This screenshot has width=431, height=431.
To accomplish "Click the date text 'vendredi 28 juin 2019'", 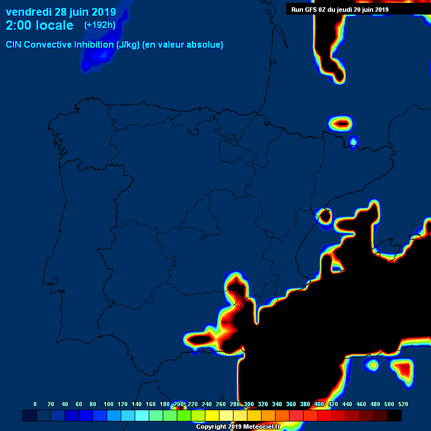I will [x=61, y=12].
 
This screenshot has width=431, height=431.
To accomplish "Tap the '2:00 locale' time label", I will [x=39, y=25].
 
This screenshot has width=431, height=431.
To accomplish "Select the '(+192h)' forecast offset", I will [x=100, y=25].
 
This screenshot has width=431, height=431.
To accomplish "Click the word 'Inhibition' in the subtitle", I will [x=98, y=45].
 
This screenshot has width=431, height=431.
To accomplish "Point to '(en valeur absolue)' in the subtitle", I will [x=183, y=45].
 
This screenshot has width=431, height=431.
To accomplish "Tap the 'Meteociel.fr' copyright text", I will [x=260, y=427].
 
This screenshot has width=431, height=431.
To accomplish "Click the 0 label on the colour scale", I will [x=35, y=404].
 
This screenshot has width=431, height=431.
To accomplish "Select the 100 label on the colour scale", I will [x=108, y=404].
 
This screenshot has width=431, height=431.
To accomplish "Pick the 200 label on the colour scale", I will [x=178, y=404].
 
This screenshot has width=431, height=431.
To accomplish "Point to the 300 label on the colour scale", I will [x=249, y=404].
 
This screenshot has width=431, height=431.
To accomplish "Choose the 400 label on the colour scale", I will [x=319, y=404].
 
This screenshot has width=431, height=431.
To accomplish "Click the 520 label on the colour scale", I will [x=403, y=404].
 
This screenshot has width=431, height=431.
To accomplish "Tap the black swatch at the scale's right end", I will [x=395, y=416].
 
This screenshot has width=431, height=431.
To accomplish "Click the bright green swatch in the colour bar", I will [x=184, y=416].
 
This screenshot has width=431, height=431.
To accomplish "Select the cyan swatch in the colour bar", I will [x=142, y=416].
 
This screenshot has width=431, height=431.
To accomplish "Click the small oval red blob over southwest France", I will [x=340, y=122].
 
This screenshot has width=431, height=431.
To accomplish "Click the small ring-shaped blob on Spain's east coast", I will [x=324, y=215].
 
